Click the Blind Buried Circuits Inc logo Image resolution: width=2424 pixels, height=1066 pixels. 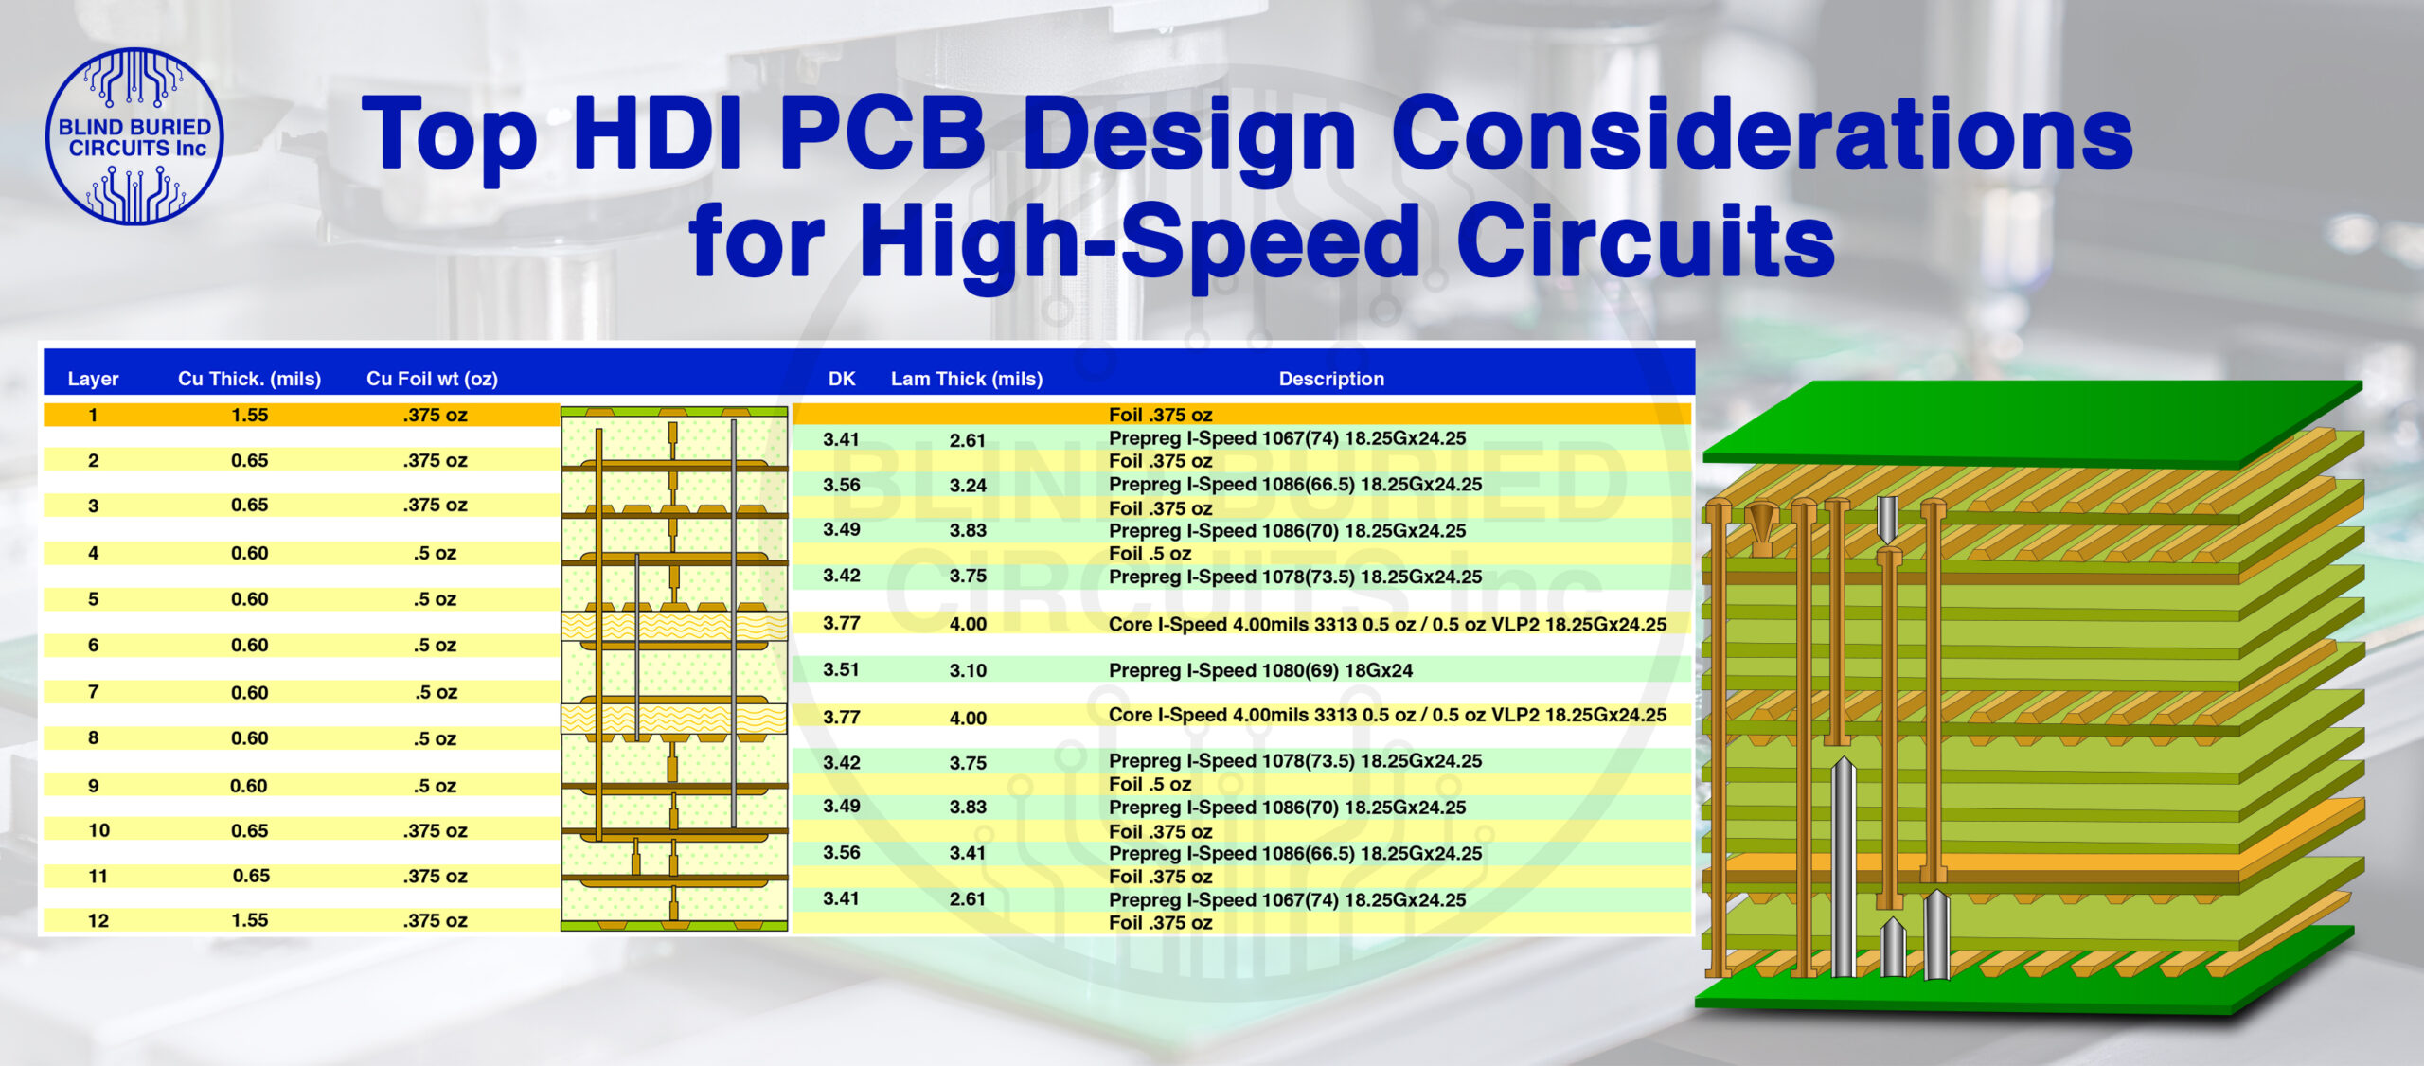pyautogui.click(x=134, y=136)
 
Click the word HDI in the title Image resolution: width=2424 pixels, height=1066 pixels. pyautogui.click(x=657, y=134)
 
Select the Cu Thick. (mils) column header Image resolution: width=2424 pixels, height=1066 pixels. pyautogui.click(x=249, y=379)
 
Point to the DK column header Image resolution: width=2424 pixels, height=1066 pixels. pyautogui.click(x=841, y=379)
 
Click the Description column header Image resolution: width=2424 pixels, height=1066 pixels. pyautogui.click(x=1330, y=379)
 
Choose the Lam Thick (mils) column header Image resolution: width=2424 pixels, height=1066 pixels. pyautogui.click(x=966, y=379)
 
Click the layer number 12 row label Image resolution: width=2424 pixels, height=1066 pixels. pyautogui.click(x=98, y=920)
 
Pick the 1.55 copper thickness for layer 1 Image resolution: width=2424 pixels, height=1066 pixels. pyautogui.click(x=249, y=415)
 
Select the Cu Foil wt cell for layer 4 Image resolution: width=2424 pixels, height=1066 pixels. pyautogui.click(x=435, y=553)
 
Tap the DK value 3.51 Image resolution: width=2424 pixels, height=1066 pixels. pyautogui.click(x=841, y=669)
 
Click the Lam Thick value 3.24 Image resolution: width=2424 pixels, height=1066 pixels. pyautogui.click(x=968, y=485)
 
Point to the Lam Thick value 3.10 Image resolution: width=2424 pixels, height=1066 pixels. pyautogui.click(x=968, y=670)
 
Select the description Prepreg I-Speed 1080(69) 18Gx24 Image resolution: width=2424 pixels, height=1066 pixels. pyautogui.click(x=1260, y=670)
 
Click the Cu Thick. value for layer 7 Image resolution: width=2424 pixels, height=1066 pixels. pyautogui.click(x=249, y=692)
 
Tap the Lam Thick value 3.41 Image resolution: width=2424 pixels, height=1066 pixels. pyautogui.click(x=968, y=853)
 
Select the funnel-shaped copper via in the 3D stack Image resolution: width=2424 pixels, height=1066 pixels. pyautogui.click(x=1760, y=526)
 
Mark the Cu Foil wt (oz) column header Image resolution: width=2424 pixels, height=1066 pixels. pyautogui.click(x=432, y=379)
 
